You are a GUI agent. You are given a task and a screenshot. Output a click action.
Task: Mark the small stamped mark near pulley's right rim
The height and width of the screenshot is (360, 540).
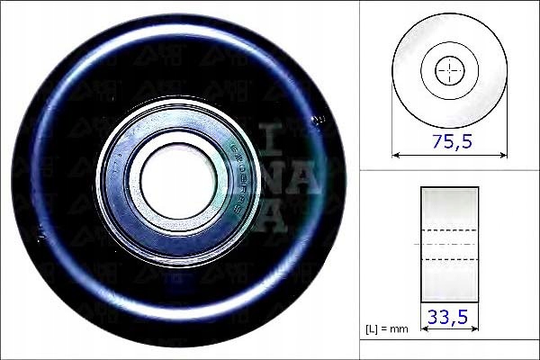(x=316, y=118)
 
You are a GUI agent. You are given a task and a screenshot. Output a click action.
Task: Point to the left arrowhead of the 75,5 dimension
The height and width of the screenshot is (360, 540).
(x=396, y=155)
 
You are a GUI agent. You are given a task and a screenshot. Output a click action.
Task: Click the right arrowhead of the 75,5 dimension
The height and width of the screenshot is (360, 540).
(x=503, y=155)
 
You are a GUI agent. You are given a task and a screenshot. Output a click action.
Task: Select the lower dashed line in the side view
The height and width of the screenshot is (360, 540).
(x=449, y=260)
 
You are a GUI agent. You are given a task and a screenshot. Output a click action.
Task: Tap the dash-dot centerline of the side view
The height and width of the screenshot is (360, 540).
(x=449, y=244)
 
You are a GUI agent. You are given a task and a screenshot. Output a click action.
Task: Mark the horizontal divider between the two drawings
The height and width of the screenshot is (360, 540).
(x=449, y=171)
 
